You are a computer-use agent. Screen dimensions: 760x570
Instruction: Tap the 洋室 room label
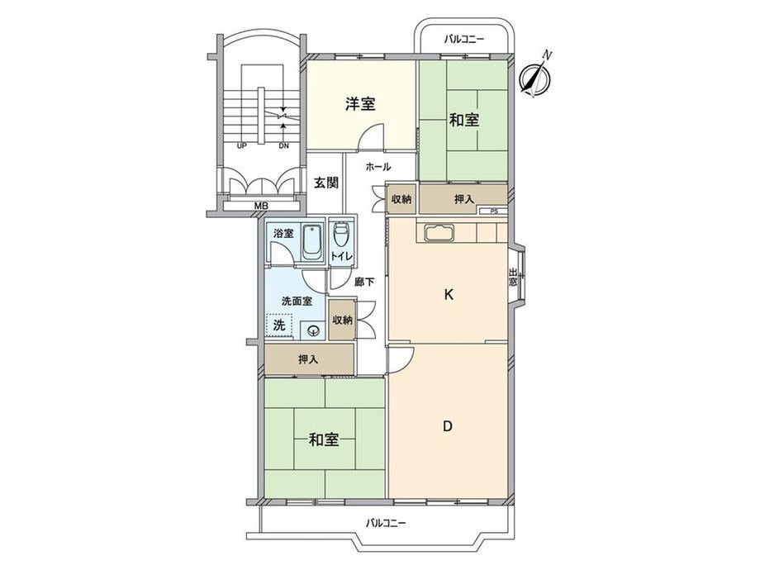360,104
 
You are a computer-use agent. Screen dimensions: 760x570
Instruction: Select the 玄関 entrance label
326,183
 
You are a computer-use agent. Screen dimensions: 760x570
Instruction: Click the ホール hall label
378,167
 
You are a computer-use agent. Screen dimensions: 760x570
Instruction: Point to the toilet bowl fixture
341,235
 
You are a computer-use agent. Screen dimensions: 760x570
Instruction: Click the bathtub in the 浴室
312,241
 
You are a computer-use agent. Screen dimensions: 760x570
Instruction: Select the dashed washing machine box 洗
278,325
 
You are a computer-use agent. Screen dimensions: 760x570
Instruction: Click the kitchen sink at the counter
439,233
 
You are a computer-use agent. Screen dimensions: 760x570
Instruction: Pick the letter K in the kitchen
449,294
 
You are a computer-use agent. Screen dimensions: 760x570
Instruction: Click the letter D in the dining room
448,426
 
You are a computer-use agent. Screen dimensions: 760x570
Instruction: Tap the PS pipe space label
494,211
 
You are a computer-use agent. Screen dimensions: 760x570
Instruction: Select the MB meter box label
261,206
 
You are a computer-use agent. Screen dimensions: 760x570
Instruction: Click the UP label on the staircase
242,145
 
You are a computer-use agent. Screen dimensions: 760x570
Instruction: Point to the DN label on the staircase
283,145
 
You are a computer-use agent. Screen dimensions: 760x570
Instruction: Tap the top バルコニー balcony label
464,40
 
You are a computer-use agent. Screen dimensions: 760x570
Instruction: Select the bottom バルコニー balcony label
385,523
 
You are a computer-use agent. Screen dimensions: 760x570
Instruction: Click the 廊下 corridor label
364,282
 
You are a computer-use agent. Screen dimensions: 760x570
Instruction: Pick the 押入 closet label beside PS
464,199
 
